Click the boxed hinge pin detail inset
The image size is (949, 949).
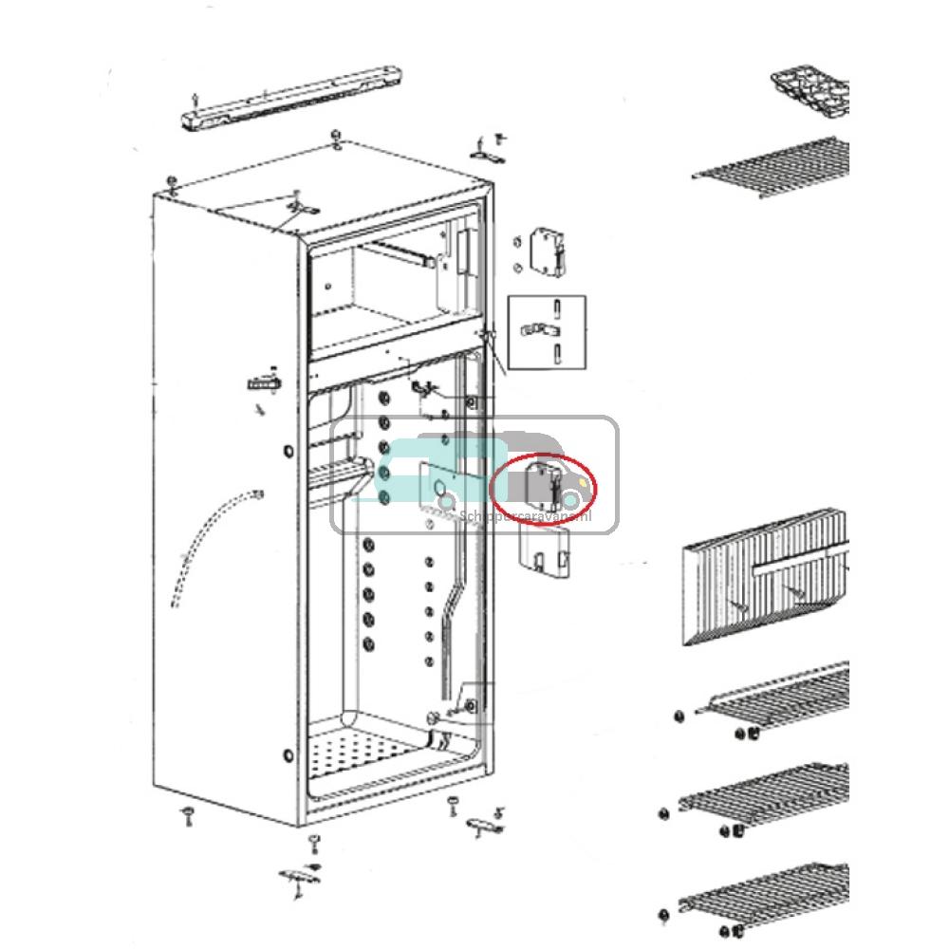click(547, 332)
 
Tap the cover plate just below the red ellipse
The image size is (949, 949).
click(544, 550)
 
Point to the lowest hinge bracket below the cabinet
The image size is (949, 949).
click(299, 877)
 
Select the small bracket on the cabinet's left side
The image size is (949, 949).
click(263, 384)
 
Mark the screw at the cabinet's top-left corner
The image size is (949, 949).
click(170, 182)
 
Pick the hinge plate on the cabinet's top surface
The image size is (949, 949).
click(302, 207)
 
